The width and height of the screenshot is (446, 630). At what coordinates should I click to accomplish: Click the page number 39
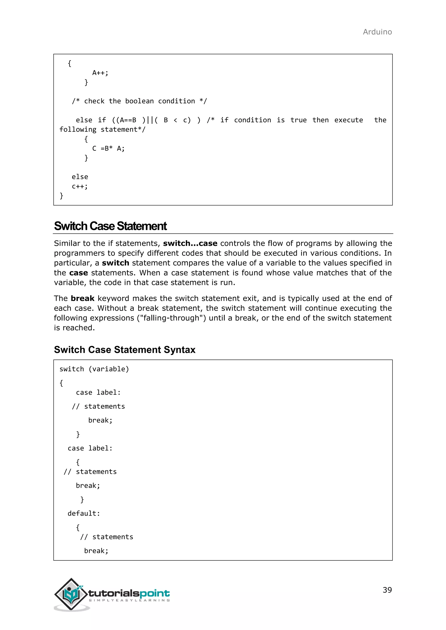pos(387,590)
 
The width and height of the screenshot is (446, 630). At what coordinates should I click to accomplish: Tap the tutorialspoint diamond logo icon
pos(71,594)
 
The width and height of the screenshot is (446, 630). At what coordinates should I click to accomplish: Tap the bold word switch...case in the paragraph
pos(190,243)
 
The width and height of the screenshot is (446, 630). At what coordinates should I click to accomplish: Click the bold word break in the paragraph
pos(82,298)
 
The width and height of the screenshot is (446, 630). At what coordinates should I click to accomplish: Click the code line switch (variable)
pos(94,369)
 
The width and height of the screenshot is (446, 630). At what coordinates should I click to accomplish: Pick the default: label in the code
pos(84,513)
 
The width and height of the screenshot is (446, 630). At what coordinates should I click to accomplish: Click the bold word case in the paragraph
pos(79,273)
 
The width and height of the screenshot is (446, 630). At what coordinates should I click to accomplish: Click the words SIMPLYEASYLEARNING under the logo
pos(129,600)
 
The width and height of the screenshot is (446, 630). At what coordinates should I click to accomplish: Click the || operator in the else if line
pos(150,120)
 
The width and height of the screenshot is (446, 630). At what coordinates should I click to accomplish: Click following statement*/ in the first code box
pos(102,129)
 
